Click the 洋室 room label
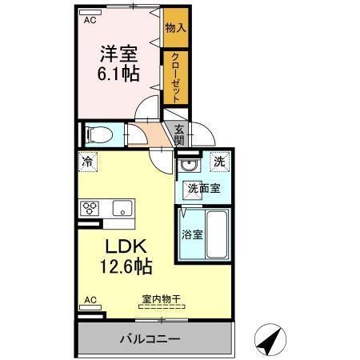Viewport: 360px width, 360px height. coord(118,54)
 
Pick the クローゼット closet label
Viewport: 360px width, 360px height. coord(175,77)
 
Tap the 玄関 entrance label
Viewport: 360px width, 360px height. coord(179,134)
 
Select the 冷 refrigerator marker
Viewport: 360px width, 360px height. coord(88,162)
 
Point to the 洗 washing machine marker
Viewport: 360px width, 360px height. coord(218,162)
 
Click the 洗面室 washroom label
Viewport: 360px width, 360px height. coord(204,189)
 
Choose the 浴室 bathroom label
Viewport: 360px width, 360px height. coord(192,235)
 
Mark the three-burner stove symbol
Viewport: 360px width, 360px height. coord(89,208)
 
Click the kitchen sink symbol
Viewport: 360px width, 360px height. coord(123,208)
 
